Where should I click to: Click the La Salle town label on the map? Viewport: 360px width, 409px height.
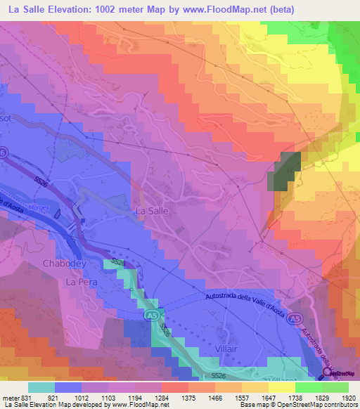pyautogui.click(x=150, y=210)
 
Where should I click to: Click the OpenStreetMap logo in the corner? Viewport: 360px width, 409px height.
pyautogui.click(x=340, y=372)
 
